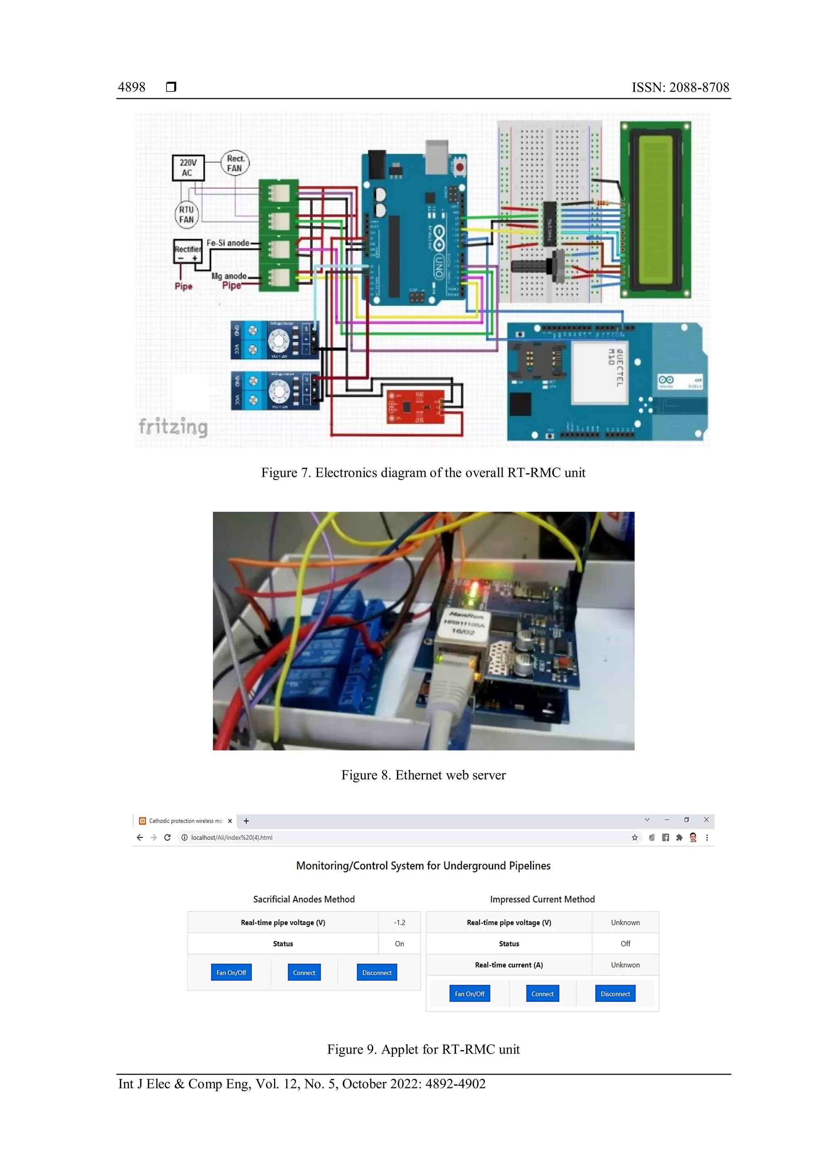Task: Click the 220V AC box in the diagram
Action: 188,168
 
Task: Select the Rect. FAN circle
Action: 235,164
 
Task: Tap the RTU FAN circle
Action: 187,215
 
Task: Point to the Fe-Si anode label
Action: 228,243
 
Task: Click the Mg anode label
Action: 229,276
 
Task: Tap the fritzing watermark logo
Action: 173,426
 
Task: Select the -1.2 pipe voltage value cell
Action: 399,922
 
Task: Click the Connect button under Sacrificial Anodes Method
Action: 304,972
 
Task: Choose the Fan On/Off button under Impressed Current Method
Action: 469,994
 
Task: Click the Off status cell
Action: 625,944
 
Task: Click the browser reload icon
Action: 167,837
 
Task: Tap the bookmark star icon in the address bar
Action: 635,837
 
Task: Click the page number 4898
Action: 131,87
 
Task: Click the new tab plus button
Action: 246,821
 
